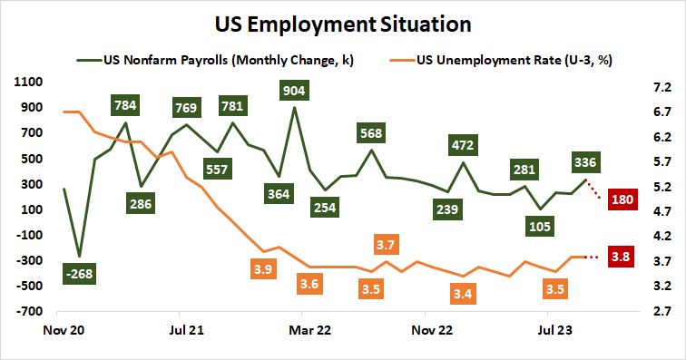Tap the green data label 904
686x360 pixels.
click(294, 90)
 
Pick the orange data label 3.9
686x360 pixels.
click(263, 268)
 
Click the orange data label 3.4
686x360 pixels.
click(464, 294)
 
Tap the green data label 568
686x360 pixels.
click(370, 132)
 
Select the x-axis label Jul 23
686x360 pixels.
click(556, 331)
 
